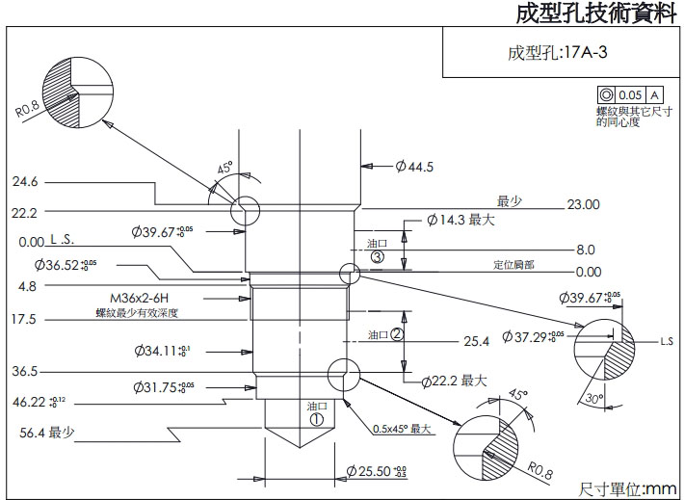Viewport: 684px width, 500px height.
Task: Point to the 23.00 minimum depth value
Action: [584, 204]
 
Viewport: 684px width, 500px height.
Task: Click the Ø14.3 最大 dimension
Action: [461, 220]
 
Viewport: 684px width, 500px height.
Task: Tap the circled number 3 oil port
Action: [377, 257]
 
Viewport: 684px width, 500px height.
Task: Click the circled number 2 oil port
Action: [396, 333]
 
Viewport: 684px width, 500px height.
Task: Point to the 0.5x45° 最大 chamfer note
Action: [401, 429]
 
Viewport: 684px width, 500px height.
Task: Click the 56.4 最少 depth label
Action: [47, 432]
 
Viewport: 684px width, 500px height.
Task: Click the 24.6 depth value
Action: [25, 182]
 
